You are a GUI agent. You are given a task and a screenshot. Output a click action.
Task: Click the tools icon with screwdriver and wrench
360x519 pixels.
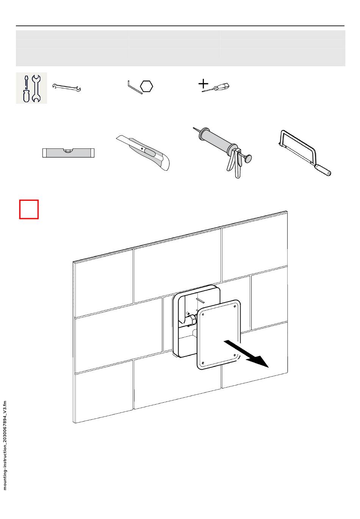tap(31, 88)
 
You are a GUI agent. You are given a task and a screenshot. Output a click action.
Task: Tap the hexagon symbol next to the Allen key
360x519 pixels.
tap(147, 87)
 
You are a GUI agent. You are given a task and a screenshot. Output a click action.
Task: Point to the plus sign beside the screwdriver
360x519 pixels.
tap(204, 84)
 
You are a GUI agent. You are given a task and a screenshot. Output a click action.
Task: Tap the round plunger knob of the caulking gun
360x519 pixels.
tap(249, 158)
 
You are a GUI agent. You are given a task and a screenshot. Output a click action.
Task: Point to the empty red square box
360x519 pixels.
tap(29, 209)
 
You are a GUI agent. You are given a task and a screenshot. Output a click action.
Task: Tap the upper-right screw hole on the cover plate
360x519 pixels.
tap(235, 306)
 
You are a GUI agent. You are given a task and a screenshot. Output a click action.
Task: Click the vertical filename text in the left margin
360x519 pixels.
tap(5, 445)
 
